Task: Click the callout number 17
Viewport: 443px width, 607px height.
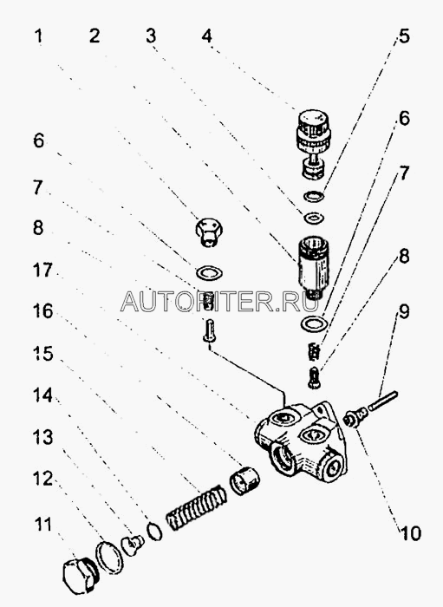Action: pyautogui.click(x=42, y=270)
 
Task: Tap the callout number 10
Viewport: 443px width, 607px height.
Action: pyautogui.click(x=410, y=533)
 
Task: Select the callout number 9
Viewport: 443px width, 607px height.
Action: pyautogui.click(x=404, y=311)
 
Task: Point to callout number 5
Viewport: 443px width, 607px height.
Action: pyautogui.click(x=404, y=36)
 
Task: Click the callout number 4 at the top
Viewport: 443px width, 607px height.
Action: pyautogui.click(x=207, y=36)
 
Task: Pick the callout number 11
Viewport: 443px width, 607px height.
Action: pyautogui.click(x=43, y=525)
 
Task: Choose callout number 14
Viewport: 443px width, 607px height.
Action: pyautogui.click(x=42, y=395)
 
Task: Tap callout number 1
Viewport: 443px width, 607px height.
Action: pyautogui.click(x=38, y=36)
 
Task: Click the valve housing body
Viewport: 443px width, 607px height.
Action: pyautogui.click(x=302, y=441)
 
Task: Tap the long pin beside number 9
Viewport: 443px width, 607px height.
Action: pyautogui.click(x=383, y=401)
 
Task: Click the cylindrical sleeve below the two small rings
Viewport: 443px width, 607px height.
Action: pyautogui.click(x=313, y=267)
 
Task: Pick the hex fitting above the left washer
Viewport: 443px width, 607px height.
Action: pyautogui.click(x=209, y=232)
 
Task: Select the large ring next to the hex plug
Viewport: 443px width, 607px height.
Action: pyautogui.click(x=110, y=557)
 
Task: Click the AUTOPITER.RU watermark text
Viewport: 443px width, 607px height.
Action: pyautogui.click(x=219, y=301)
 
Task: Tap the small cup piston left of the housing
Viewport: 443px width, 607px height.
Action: pyautogui.click(x=244, y=480)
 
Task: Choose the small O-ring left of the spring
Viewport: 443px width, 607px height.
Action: pyautogui.click(x=155, y=531)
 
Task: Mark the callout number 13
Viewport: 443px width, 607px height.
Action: pyautogui.click(x=42, y=437)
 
